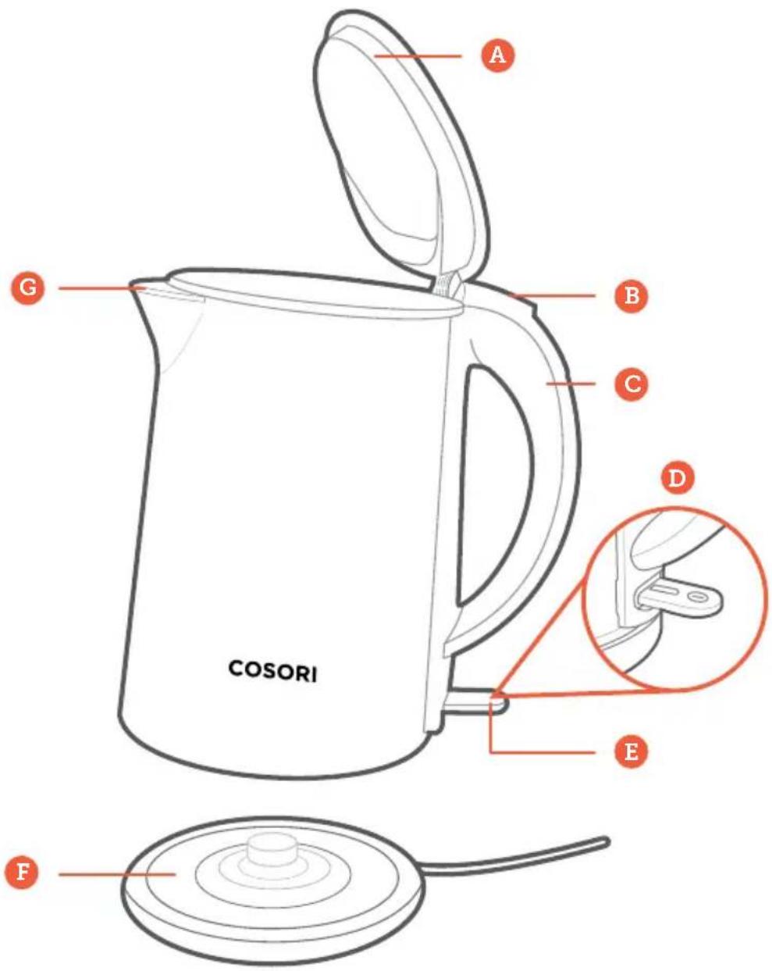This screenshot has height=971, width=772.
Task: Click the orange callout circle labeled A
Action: coord(497,55)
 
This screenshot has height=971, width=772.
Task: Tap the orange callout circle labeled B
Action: coord(631,295)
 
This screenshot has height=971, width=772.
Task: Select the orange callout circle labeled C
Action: coord(631,384)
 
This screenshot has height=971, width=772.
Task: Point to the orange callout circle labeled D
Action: coord(677,477)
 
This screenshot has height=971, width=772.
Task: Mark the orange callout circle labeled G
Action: coord(28,287)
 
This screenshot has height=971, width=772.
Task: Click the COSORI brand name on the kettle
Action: coord(272,671)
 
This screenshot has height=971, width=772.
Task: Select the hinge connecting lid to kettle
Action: coord(446,284)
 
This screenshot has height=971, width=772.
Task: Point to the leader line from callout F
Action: coord(117,874)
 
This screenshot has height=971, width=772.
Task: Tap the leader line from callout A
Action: coord(418,56)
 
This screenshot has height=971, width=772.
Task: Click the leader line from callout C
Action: coord(571,384)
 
